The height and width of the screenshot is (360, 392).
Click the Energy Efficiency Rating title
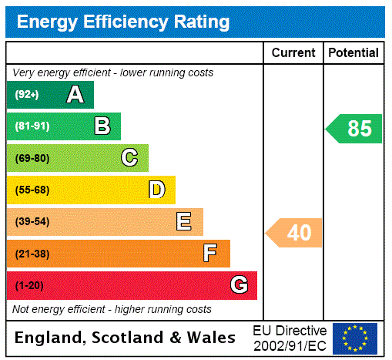tap(123, 22)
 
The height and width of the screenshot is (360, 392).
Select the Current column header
tap(293, 53)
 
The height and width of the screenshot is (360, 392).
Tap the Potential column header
tap(353, 53)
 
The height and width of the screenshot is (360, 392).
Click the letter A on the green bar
tap(75, 95)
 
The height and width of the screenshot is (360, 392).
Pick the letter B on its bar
tap(102, 126)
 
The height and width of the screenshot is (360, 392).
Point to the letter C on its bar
tap(129, 158)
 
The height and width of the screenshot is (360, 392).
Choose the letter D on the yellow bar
tap(157, 190)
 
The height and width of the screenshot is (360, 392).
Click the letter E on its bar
tap(184, 222)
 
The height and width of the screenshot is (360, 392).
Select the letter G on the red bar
tap(239, 285)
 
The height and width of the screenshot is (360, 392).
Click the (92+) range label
tap(27, 95)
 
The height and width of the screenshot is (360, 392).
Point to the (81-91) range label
tap(32, 126)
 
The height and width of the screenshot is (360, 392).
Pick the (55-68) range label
tap(32, 190)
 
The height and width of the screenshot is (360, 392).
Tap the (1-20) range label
tap(28, 286)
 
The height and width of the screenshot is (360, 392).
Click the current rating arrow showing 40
tap(295, 233)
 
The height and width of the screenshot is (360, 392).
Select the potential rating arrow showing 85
tap(355, 129)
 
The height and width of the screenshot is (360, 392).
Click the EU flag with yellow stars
tap(355, 338)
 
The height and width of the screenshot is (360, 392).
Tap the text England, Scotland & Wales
tap(126, 338)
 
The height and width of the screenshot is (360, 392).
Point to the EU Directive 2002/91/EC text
tap(290, 338)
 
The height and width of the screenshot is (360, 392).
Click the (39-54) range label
tap(32, 222)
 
